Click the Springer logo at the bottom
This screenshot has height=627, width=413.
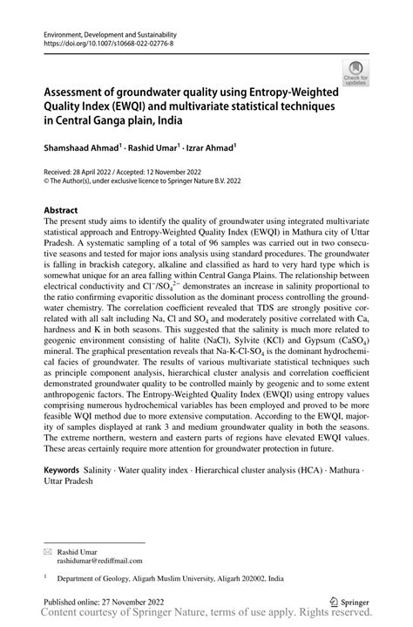click(x=348, y=601)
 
